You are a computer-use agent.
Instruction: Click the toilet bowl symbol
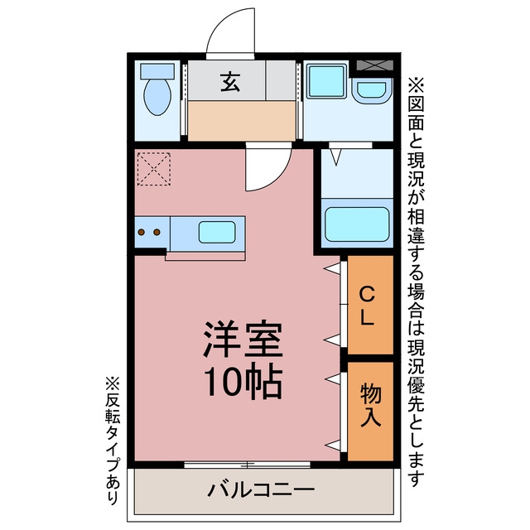[x=157, y=98]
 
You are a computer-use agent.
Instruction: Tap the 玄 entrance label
[x=230, y=82]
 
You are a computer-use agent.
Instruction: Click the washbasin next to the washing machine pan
[x=372, y=90]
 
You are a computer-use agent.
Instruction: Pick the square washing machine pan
[x=326, y=81]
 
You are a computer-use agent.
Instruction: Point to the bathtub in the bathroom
[x=357, y=224]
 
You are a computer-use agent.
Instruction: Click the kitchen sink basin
[x=217, y=232]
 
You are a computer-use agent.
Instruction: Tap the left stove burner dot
[x=142, y=232]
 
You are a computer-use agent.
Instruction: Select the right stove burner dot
[x=157, y=232]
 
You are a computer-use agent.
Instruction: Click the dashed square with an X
[x=153, y=169]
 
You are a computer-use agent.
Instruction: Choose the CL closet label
[x=367, y=306]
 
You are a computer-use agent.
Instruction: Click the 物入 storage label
[x=370, y=405]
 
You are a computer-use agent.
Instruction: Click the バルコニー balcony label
[x=261, y=489]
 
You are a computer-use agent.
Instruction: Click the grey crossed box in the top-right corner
[x=375, y=65]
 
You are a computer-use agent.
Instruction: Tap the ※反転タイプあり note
[x=113, y=441]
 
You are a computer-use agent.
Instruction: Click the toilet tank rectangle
[x=157, y=71]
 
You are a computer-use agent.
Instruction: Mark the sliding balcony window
[x=247, y=465]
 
